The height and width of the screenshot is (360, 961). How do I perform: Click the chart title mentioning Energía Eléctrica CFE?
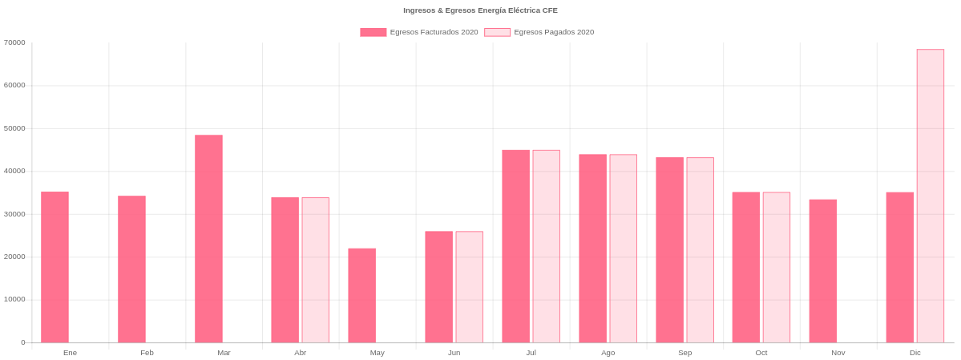coord(480,10)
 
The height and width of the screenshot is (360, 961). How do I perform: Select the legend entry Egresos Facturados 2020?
coord(419,32)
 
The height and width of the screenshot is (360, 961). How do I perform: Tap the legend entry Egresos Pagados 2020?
coord(539,32)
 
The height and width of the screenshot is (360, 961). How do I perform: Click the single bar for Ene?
coord(55,266)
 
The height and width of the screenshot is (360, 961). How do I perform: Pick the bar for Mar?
coord(208,238)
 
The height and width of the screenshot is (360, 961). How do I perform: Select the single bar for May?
coord(361,295)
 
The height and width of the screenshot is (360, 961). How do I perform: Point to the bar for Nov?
coord(822,270)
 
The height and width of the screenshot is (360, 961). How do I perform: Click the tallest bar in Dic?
coord(931,196)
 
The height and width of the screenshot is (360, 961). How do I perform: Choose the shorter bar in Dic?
coord(899,267)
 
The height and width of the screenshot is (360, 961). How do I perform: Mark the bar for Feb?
coord(131,269)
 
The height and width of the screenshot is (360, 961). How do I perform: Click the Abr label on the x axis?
coord(301,353)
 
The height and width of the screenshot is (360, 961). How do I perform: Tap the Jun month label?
coord(454,353)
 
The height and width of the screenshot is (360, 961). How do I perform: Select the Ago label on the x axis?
coord(608,353)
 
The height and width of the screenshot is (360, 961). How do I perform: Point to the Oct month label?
coord(761,353)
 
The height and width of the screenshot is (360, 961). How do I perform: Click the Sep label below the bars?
coord(684,353)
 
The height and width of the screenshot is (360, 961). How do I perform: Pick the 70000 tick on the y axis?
coord(14,42)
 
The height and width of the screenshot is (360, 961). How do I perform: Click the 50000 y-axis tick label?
coord(14,128)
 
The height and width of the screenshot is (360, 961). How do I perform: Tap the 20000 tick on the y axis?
coord(14,257)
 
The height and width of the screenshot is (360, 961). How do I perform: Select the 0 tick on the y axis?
coord(22,342)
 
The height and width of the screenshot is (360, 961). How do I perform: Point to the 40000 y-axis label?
coord(14,171)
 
